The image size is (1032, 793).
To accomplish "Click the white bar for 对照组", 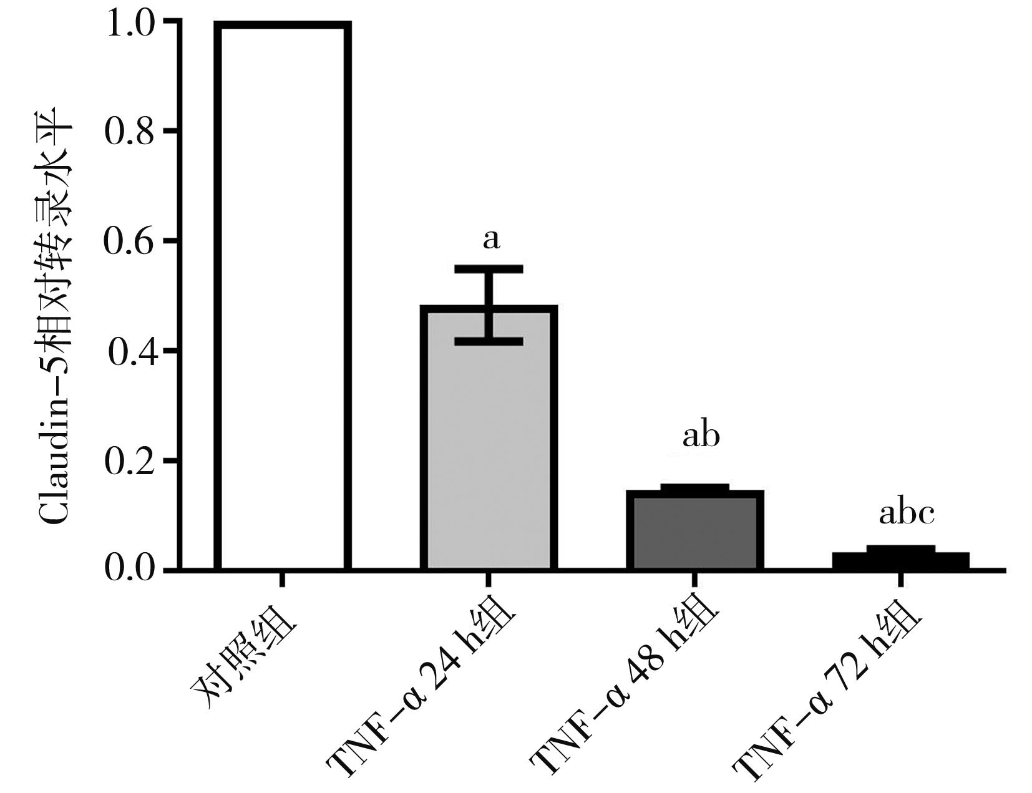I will (282, 296).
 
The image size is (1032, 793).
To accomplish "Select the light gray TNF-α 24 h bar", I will (489, 449).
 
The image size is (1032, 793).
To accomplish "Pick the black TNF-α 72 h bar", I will (900, 561).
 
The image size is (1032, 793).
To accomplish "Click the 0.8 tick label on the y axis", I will (129, 132).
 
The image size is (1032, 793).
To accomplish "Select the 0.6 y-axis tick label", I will (129, 241).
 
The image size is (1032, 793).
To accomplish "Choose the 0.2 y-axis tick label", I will (129, 462).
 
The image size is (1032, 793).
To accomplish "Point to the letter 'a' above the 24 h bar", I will (492, 239).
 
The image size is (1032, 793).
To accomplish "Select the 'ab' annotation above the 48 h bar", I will (701, 436).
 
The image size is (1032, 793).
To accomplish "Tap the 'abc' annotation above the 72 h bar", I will (906, 514).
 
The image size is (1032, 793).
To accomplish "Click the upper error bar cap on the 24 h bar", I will (489, 269).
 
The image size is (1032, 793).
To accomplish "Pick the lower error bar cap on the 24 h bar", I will (489, 341).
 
